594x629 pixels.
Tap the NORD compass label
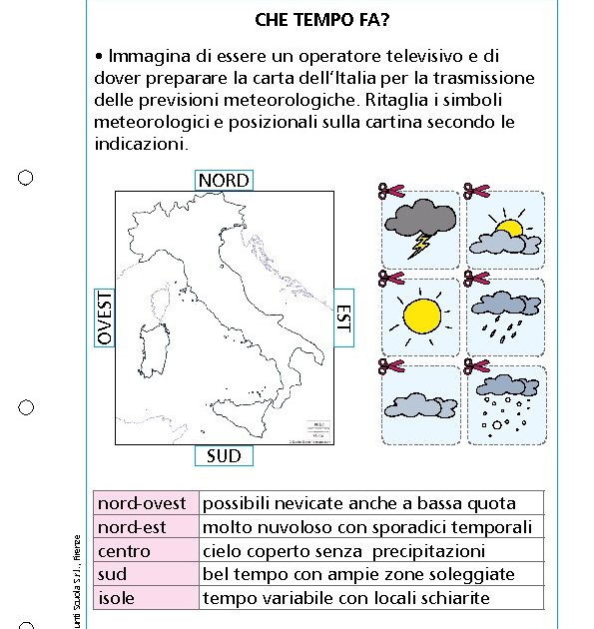click(224, 180)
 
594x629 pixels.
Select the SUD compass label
click(224, 456)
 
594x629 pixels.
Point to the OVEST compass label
click(105, 317)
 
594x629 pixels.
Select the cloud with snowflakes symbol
click(505, 403)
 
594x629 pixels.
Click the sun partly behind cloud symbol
click(505, 234)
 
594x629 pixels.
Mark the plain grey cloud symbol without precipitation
click(419, 403)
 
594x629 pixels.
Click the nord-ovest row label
click(142, 502)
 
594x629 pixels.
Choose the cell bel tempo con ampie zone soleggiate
click(358, 574)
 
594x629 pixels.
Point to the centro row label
click(125, 551)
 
